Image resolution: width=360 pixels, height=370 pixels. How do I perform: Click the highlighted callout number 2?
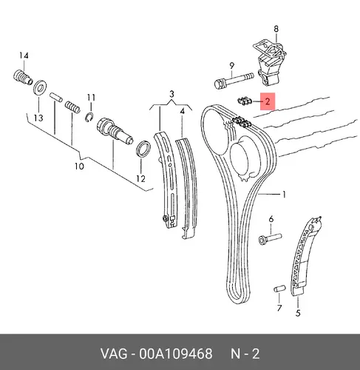click(x=268, y=101)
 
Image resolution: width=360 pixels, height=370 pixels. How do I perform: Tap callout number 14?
click(x=24, y=55)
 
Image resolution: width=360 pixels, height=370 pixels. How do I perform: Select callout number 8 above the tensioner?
click(x=276, y=29)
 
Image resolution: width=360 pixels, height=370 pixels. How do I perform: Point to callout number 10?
click(x=79, y=166)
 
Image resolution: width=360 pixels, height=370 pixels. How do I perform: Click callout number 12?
click(x=140, y=179)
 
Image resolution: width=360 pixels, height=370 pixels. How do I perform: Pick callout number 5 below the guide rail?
click(x=298, y=313)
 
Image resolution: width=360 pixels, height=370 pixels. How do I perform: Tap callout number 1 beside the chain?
click(x=284, y=195)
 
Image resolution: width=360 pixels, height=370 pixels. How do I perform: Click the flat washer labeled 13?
click(x=41, y=87)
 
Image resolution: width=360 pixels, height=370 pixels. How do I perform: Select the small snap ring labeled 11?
click(x=89, y=117)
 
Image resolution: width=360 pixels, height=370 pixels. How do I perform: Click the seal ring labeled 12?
click(x=143, y=149)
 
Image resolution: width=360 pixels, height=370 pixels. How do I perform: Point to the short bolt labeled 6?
click(x=270, y=239)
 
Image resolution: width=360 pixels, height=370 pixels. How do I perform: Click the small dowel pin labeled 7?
click(x=279, y=289)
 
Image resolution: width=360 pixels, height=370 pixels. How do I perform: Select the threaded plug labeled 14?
click(x=23, y=77)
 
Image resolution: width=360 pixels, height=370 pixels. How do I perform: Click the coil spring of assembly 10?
click(x=72, y=107)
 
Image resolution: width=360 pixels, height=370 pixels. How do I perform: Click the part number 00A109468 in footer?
click(x=176, y=354)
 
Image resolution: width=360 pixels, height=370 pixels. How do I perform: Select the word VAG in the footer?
click(x=114, y=354)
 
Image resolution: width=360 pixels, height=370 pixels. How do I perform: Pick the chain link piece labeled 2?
click(x=245, y=101)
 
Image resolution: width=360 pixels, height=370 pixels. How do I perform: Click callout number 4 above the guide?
click(x=182, y=112)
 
